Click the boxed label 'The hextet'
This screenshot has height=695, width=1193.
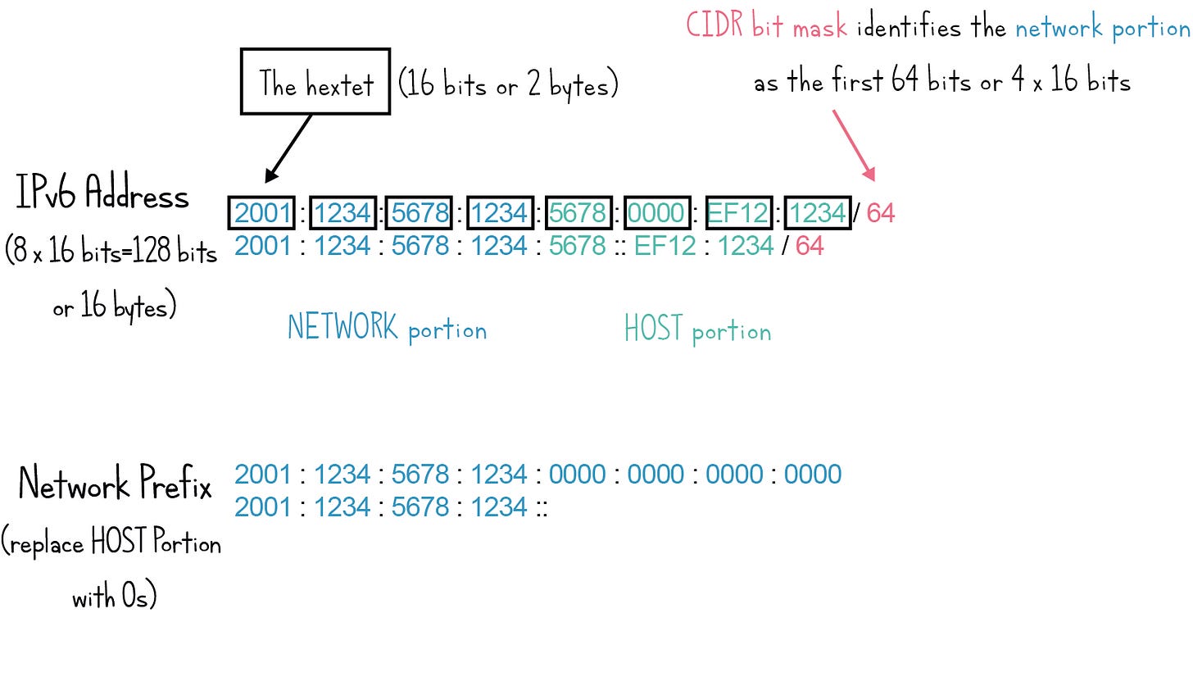[315, 82]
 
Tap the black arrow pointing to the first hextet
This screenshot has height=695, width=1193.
[289, 147]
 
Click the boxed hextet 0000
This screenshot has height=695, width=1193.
[656, 213]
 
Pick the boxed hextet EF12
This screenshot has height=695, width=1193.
[737, 213]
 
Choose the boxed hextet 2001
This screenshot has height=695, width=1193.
[262, 213]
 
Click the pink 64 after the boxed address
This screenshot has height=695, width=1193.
[881, 213]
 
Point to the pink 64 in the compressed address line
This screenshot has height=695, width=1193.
[810, 246]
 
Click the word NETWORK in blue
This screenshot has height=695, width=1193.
[342, 328]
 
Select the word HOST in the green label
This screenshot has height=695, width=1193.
[653, 329]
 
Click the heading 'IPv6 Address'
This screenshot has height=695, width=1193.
[102, 193]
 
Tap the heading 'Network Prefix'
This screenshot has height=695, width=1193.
[115, 483]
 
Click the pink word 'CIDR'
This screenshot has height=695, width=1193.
[714, 25]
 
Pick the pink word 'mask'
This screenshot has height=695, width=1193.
[819, 29]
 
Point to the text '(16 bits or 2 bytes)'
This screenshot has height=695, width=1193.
[508, 84]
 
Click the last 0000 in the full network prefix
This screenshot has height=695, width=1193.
[813, 475]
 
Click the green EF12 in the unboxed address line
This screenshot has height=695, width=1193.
[665, 246]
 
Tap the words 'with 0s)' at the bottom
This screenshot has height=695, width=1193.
[115, 596]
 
